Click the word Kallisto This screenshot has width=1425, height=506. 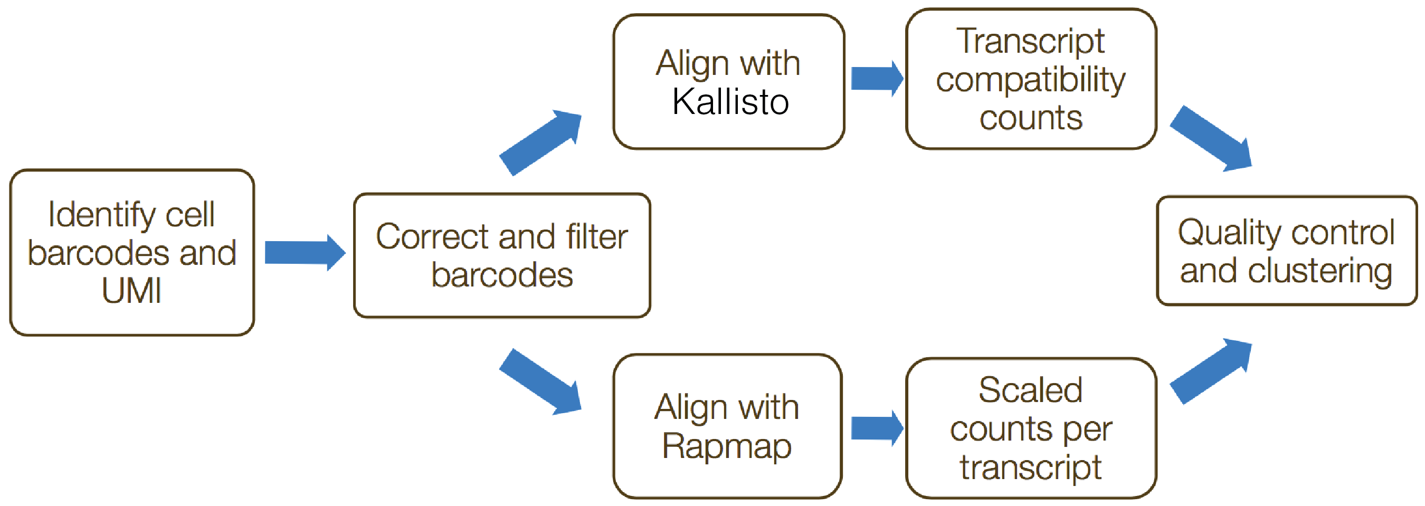click(x=730, y=102)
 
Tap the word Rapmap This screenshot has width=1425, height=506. click(x=727, y=447)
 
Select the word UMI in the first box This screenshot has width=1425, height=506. click(x=131, y=290)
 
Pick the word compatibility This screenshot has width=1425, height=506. click(x=1031, y=81)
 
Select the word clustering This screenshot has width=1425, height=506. click(x=1320, y=272)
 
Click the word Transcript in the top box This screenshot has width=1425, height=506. click(x=1031, y=42)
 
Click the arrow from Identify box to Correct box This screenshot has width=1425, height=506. click(x=306, y=253)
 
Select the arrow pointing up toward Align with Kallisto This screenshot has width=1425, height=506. click(x=540, y=142)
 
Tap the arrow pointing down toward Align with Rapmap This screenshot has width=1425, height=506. click(x=540, y=381)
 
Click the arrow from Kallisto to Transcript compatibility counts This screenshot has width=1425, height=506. click(x=877, y=78)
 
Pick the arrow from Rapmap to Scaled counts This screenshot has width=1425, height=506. click(x=877, y=428)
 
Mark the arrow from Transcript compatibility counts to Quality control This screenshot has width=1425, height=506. click(x=1211, y=138)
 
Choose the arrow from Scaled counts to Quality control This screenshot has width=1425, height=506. click(x=1211, y=371)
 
